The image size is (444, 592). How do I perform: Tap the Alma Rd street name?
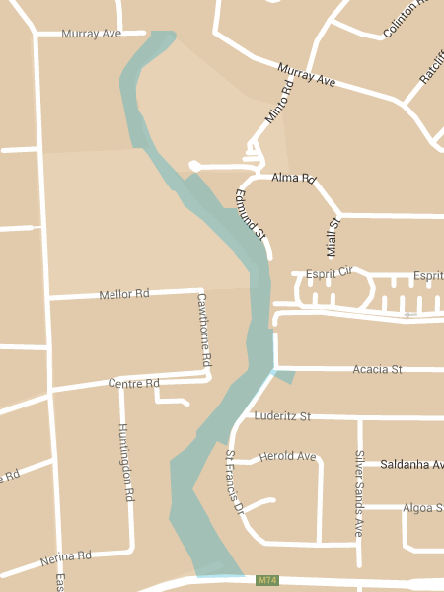[x=293, y=179]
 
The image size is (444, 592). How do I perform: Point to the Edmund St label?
[x=250, y=213]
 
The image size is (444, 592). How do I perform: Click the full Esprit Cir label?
[x=329, y=272]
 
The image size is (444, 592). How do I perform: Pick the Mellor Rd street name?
[x=123, y=294]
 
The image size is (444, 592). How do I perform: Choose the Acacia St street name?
[x=377, y=369]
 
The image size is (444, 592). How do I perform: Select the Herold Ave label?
[x=287, y=457]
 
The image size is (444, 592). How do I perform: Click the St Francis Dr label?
[x=234, y=483]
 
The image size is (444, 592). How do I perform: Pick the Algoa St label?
[x=423, y=508]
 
